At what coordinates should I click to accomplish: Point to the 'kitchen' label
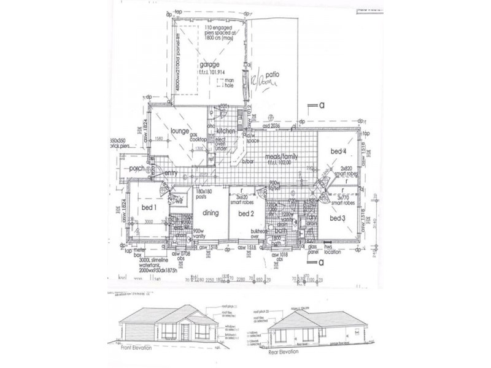tap(226, 131)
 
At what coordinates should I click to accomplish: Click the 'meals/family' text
tap(281, 157)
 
